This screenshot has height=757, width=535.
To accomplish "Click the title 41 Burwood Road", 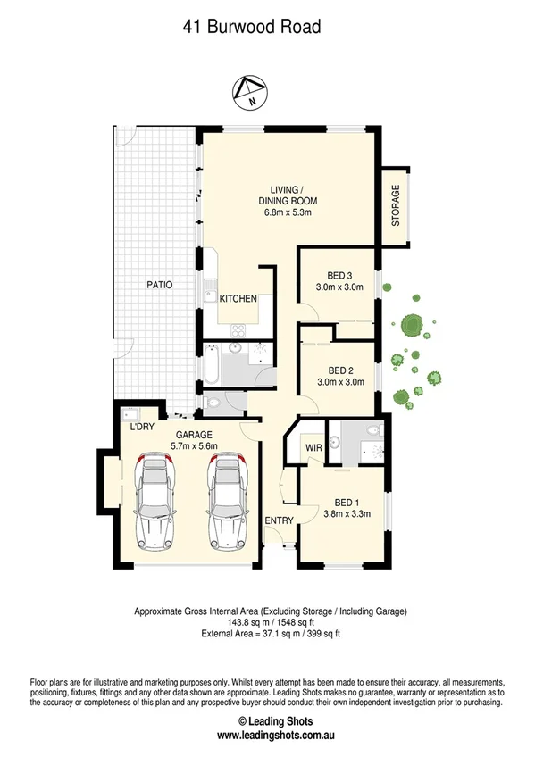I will pyautogui.click(x=251, y=28).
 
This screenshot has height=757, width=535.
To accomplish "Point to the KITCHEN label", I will pyautogui.click(x=238, y=299).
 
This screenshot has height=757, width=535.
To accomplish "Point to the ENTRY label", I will pyautogui.click(x=278, y=520).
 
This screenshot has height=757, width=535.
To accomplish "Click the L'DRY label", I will pyautogui.click(x=144, y=427).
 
